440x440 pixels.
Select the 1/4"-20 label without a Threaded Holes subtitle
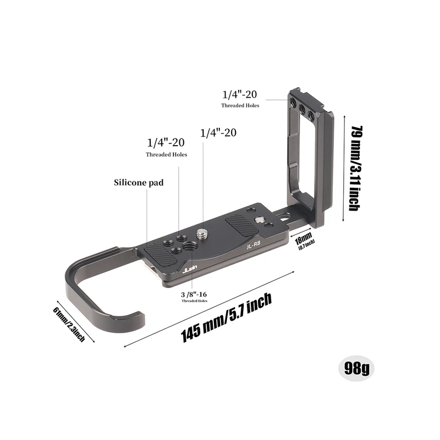(218, 133)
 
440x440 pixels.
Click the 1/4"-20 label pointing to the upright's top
(240, 94)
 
